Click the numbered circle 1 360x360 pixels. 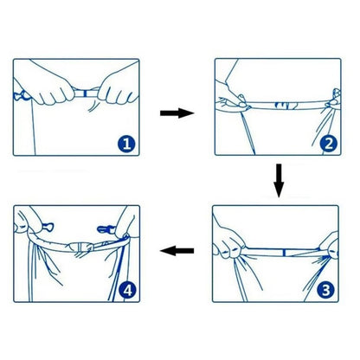126,144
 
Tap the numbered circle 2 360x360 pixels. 328,144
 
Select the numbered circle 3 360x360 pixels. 325,291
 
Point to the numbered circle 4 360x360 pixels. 127,291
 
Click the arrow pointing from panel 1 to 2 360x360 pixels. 177,112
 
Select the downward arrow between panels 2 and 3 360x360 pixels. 279,181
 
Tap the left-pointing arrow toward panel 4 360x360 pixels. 177,251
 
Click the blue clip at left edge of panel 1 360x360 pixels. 21,95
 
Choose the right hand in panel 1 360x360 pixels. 119,87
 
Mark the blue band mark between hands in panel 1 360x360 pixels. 85,93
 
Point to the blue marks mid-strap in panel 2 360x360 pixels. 285,106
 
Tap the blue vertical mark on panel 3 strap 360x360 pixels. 284,253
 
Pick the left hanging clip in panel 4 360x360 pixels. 48,227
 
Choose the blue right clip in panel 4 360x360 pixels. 106,229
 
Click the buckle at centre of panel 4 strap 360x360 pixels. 81,247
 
